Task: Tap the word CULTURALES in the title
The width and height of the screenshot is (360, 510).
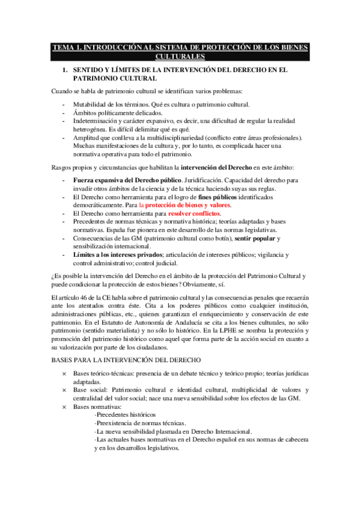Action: pos(180,57)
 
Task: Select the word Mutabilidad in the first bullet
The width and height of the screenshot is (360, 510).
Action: pos(91,105)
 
